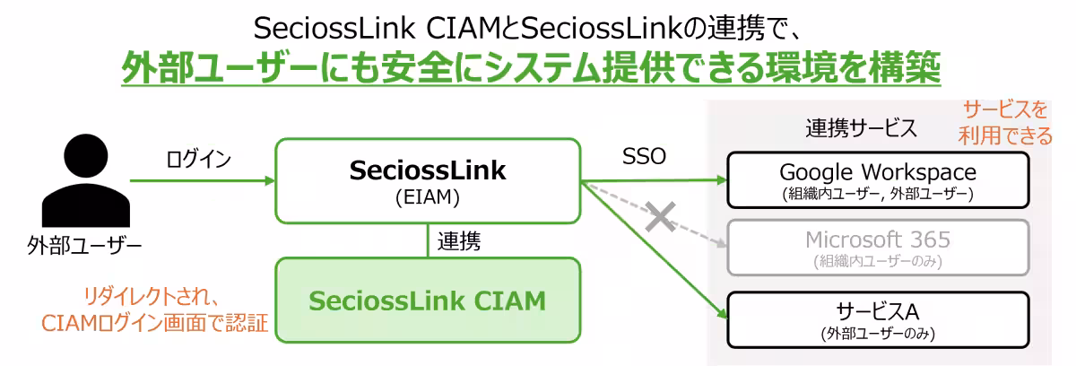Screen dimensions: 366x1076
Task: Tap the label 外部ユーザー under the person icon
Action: point(84,245)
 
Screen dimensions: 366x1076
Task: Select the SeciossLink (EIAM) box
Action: point(428,180)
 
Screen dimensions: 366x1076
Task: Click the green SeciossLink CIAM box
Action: point(428,301)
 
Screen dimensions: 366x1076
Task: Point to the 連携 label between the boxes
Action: point(459,240)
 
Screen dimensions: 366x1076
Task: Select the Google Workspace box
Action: point(877,179)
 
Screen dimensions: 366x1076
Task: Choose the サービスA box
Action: point(877,319)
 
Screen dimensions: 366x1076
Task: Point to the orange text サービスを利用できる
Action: point(1006,123)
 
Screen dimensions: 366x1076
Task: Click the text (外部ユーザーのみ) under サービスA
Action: point(877,334)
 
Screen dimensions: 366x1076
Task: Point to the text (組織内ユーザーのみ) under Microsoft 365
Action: point(877,262)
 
